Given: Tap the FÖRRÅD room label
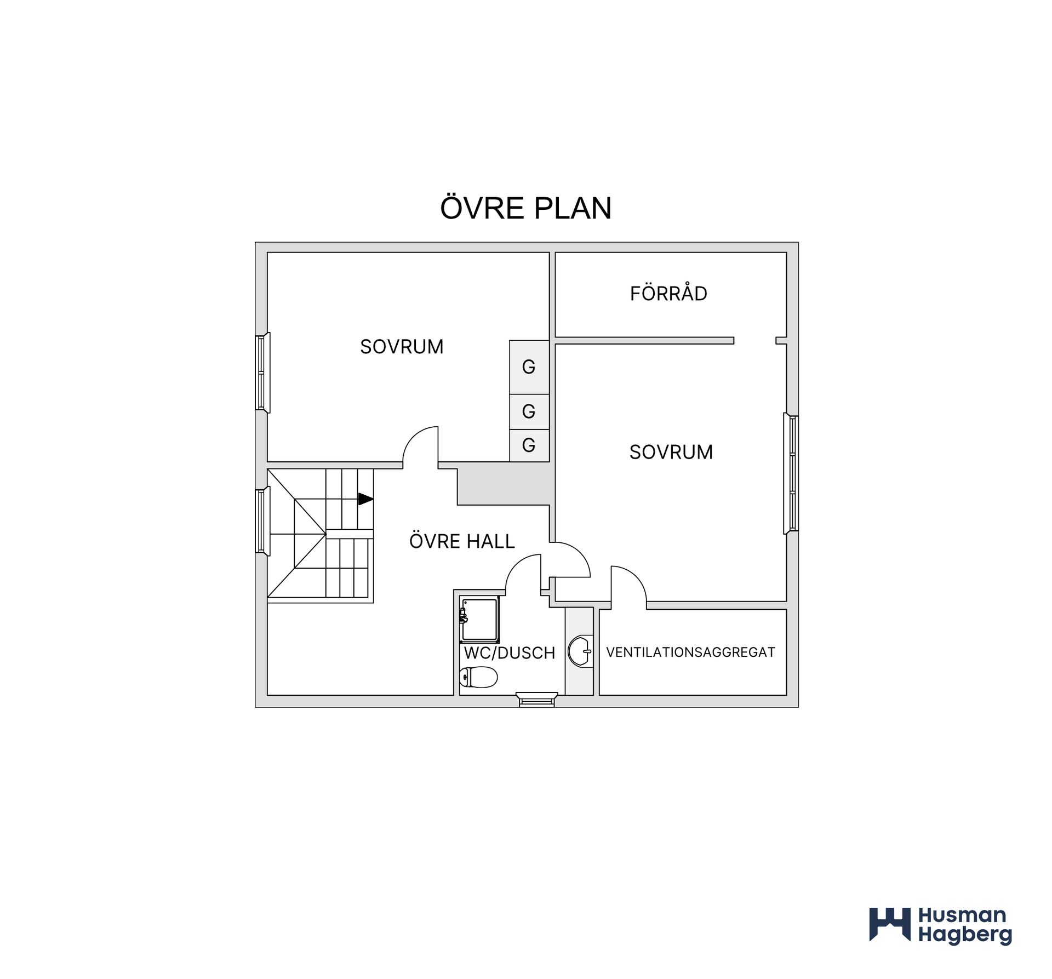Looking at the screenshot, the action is (668, 293).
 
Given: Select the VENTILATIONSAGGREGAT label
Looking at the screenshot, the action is (690, 652).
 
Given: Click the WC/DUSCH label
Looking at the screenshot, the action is (510, 652).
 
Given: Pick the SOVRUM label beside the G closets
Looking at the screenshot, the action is (402, 346).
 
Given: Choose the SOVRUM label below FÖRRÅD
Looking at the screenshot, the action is (671, 452).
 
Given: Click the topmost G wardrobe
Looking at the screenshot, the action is (529, 367).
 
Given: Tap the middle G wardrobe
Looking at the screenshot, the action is (529, 411).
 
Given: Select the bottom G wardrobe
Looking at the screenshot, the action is (529, 445).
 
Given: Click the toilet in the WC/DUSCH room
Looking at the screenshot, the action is (478, 677).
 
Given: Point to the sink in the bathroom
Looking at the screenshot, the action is (580, 651).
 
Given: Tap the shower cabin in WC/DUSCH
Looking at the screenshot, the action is (479, 619).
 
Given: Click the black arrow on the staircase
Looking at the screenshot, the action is (365, 499).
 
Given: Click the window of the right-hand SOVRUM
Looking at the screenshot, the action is (791, 473).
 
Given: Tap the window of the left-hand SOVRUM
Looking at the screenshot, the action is (262, 372).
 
